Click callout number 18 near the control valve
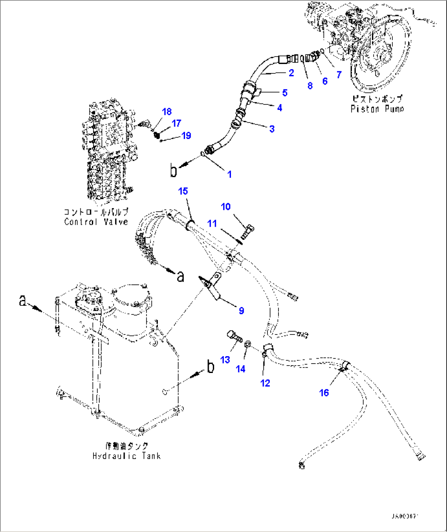click(x=166, y=111)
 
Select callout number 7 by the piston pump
click(x=339, y=74)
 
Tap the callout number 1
click(x=230, y=174)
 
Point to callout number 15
click(x=183, y=191)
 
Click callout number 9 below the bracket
click(x=242, y=310)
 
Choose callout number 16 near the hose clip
click(x=324, y=393)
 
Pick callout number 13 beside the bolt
click(x=225, y=359)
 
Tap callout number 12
click(x=265, y=383)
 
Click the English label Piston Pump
click(x=377, y=109)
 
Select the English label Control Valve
click(x=96, y=222)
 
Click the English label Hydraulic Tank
click(x=126, y=456)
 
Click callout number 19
click(x=186, y=135)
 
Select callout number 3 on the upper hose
click(x=271, y=129)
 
